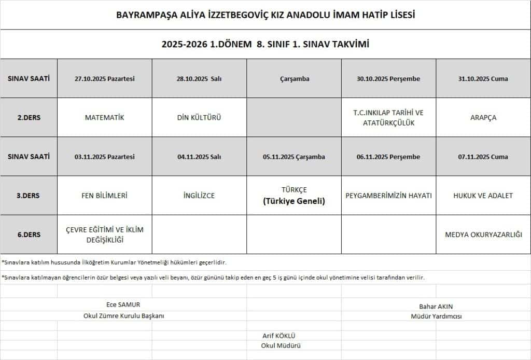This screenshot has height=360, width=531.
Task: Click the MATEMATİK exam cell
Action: pyautogui.click(x=104, y=117)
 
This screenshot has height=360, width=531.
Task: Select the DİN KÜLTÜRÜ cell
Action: pyautogui.click(x=199, y=117)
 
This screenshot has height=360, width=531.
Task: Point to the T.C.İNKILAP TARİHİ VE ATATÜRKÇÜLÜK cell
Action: pyautogui.click(x=388, y=117)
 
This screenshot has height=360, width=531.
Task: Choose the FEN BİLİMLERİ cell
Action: pyautogui.click(x=104, y=196)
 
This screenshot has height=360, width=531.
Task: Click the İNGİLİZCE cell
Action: pyautogui.click(x=199, y=196)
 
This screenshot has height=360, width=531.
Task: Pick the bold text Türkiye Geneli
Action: pyautogui.click(x=294, y=201)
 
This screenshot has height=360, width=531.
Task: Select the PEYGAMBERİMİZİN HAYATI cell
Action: pyautogui.click(x=388, y=196)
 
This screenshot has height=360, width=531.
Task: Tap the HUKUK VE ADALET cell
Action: pyautogui.click(x=483, y=196)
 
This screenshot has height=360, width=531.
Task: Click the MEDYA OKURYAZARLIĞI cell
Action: pyautogui.click(x=483, y=234)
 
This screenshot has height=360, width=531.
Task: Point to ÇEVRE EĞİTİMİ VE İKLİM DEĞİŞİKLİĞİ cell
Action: pyautogui.click(x=104, y=234)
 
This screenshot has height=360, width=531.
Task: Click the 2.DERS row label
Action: pyautogui.click(x=29, y=117)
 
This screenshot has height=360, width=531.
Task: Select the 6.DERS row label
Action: pyautogui.click(x=29, y=234)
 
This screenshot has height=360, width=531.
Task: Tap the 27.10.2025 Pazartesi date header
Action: pyautogui.click(x=104, y=79)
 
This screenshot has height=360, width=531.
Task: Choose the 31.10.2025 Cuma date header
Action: pyautogui.click(x=483, y=79)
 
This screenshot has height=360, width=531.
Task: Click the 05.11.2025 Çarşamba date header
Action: pyautogui.click(x=294, y=157)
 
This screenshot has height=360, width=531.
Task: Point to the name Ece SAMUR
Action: pyautogui.click(x=123, y=304)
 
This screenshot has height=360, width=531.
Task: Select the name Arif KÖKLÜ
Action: pyautogui.click(x=279, y=336)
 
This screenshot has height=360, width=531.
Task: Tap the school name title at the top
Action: pyautogui.click(x=265, y=15)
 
